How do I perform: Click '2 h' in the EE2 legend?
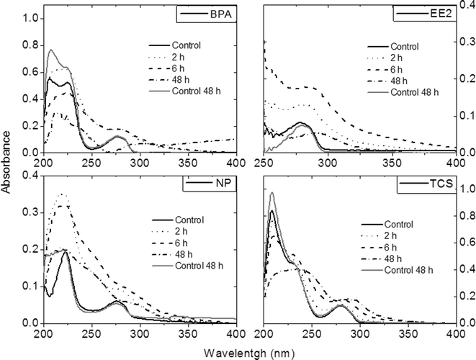point(398,58)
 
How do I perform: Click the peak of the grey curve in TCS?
point(271,192)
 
